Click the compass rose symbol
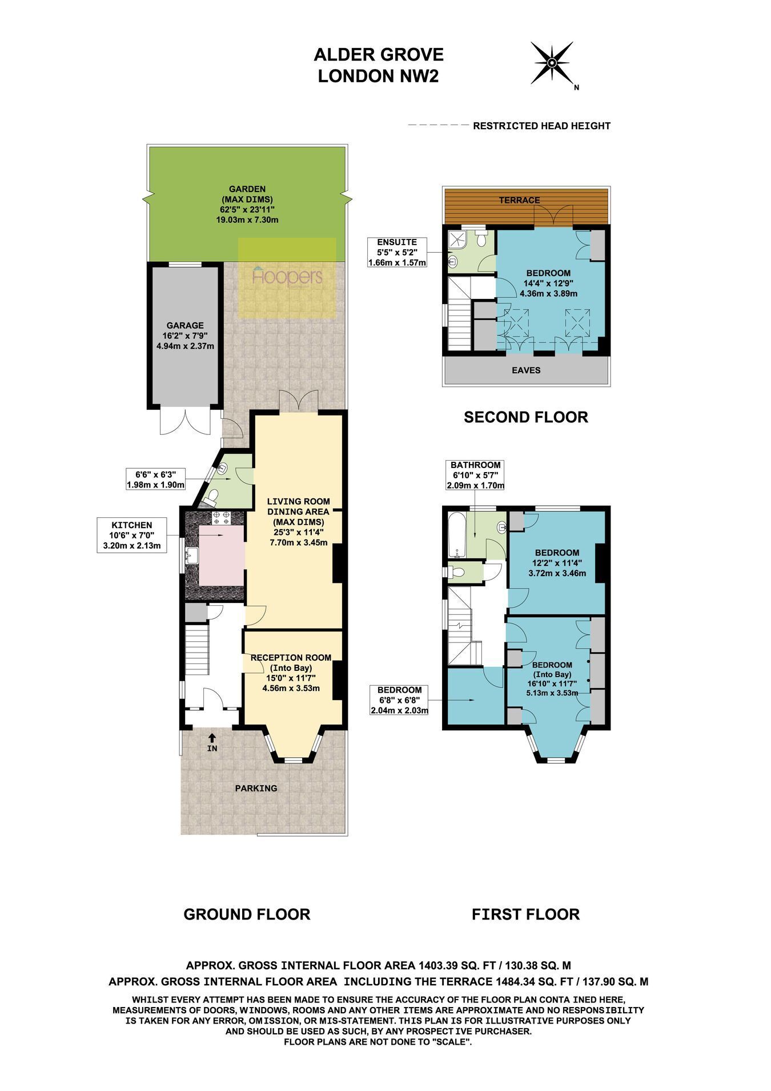point(552,63)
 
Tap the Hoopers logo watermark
point(287,277)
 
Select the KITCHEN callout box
point(132,534)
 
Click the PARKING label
point(256,788)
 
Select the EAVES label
point(526,370)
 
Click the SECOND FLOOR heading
point(526,417)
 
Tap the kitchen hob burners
point(221,518)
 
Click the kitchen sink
point(192,554)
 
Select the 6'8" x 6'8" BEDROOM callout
point(399,700)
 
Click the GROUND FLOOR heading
point(247,914)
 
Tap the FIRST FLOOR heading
point(526,914)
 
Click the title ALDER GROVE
point(379,55)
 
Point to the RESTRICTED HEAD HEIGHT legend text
point(542,126)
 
